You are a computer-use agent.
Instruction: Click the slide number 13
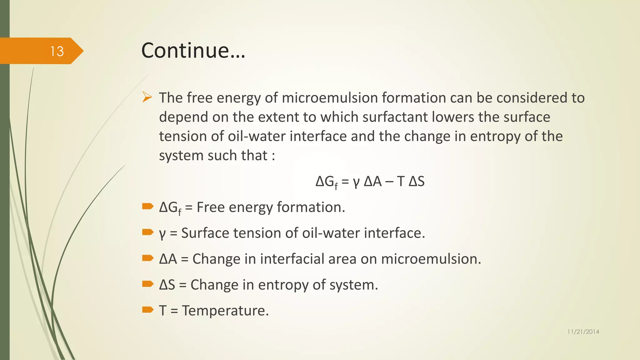57,51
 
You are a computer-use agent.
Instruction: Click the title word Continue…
193,50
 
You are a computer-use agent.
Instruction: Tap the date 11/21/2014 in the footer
583,332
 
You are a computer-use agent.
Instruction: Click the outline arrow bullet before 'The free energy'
147,97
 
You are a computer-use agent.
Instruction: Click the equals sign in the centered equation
345,182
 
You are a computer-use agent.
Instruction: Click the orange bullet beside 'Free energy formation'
147,206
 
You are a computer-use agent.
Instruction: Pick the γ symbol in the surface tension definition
162,234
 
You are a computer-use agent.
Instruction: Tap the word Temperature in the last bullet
225,311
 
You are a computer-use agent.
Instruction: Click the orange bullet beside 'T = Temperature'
147,310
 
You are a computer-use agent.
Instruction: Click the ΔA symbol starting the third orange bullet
168,259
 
